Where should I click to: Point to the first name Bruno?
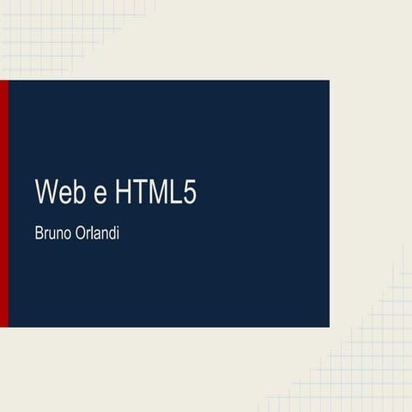52,233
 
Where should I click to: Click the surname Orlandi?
95,233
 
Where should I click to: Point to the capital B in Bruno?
39,233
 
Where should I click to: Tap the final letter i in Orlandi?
116,233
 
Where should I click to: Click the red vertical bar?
3,203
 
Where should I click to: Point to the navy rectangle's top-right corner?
329,81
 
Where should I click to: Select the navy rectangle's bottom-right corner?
329,326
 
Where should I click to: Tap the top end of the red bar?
3,82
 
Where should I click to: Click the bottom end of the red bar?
3,324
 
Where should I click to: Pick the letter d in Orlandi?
109,233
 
